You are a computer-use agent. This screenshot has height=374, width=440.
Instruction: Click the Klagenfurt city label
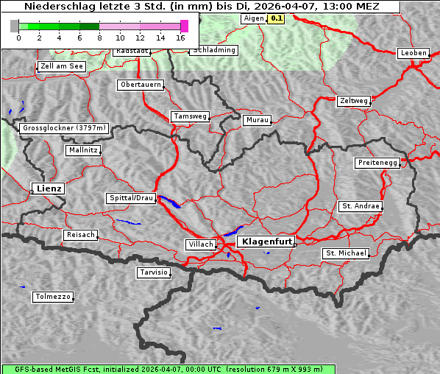click(x=267, y=241)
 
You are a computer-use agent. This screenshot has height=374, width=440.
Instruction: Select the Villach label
click(x=199, y=244)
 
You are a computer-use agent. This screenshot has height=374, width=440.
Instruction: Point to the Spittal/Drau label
click(x=131, y=198)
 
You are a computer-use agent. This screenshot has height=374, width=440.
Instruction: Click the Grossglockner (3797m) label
click(x=65, y=128)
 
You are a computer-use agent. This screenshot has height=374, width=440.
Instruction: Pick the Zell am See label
click(x=62, y=66)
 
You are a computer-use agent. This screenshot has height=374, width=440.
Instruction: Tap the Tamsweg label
click(x=191, y=116)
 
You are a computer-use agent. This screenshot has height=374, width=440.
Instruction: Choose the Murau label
click(x=258, y=120)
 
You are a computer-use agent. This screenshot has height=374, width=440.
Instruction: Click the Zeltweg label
click(x=354, y=100)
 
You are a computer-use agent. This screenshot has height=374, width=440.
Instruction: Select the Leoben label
click(x=413, y=53)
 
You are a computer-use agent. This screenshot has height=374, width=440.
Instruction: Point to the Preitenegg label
click(x=378, y=163)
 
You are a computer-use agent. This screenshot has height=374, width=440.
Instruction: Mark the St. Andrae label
click(x=361, y=206)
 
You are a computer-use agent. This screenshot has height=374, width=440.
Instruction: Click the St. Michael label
click(x=346, y=253)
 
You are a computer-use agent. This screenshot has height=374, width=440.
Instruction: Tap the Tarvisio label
click(x=154, y=272)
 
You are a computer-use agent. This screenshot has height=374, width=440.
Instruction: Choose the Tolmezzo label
click(x=52, y=297)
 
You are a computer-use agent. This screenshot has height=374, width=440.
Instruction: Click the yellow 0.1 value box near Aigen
click(x=277, y=18)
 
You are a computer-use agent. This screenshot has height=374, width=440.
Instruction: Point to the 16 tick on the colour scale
click(x=181, y=37)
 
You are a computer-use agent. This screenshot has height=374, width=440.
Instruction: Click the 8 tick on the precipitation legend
click(x=99, y=37)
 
